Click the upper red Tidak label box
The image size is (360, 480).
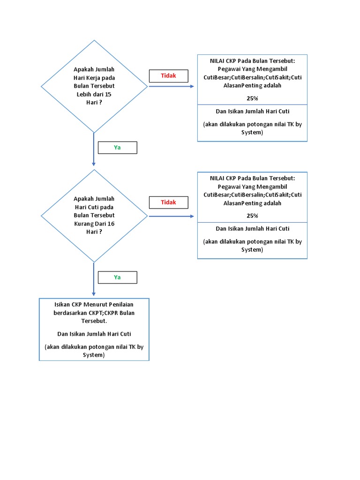pos(168,76)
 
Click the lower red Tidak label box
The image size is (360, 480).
pos(168,202)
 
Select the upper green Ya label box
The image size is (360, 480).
pos(117,148)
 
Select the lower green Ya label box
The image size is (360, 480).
pos(117,277)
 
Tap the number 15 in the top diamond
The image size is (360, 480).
pos(108,94)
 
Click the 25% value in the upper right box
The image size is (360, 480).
pos(252,98)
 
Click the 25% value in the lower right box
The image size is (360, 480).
pos(252,216)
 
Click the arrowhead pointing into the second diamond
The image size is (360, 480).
pos(94,164)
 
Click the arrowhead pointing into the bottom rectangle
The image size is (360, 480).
pos(94,293)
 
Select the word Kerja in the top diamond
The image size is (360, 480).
pos(94,78)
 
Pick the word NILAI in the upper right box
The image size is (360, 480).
pos(217,60)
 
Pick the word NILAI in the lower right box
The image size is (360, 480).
pos(217,178)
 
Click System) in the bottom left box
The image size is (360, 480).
pos(94,355)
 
